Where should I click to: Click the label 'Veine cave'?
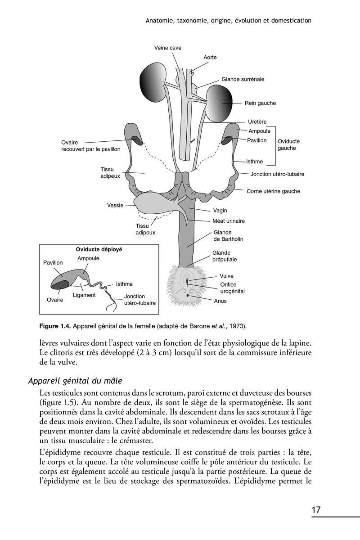pyautogui.click(x=168, y=48)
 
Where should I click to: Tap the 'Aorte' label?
pyautogui.click(x=210, y=58)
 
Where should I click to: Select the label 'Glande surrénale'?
pyautogui.click(x=243, y=79)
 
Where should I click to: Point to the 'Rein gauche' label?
pyautogui.click(x=260, y=103)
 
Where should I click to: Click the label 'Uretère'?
pyautogui.click(x=257, y=122)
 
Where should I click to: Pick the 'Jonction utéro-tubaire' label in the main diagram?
pyautogui.click(x=277, y=174)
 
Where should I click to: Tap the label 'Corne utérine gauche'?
pyautogui.click(x=273, y=191)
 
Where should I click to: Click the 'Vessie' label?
pyautogui.click(x=115, y=205)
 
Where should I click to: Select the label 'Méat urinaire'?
pyautogui.click(x=229, y=221)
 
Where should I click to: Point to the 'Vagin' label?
pyautogui.click(x=220, y=210)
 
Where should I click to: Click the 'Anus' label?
pyautogui.click(x=220, y=301)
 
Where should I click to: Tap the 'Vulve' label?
pyautogui.click(x=226, y=276)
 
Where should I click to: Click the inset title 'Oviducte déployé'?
pyautogui.click(x=99, y=249)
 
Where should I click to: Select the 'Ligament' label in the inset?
pyautogui.click(x=84, y=295)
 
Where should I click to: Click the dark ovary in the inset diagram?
pyautogui.click(x=60, y=284)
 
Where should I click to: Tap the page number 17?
pyautogui.click(x=316, y=510)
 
